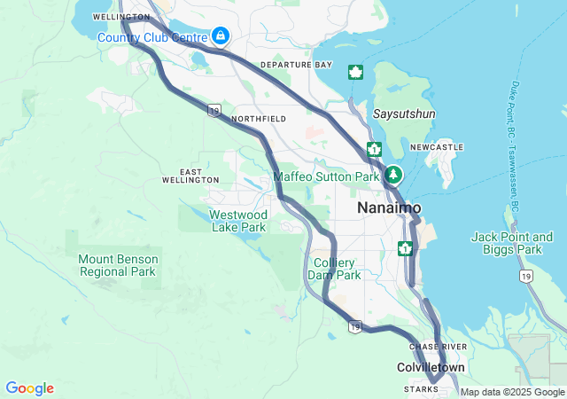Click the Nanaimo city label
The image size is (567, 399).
389,207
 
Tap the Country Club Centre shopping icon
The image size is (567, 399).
220,36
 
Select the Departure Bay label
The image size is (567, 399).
296,66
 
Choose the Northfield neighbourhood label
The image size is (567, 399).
258,118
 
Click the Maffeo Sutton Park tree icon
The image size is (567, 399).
393,176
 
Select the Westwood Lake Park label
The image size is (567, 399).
237,221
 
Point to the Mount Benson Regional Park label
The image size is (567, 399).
119,265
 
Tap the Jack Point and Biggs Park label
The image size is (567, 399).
512,243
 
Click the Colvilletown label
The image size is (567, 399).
430,367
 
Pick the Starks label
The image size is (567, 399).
421,389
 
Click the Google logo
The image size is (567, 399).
29,388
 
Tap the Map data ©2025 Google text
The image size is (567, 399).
512,392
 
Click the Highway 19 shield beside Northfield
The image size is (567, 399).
214,110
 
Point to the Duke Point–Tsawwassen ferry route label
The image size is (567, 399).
515,146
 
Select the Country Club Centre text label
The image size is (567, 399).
151,37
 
